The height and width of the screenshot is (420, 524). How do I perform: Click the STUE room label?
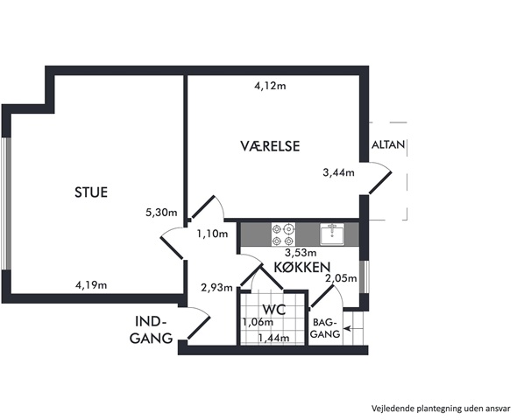point(91,192)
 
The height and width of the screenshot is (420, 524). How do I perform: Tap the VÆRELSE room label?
point(270,146)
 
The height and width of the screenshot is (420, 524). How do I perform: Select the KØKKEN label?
point(302,267)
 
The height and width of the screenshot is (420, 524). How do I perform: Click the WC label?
point(274,310)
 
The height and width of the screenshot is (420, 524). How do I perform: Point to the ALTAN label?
point(388,144)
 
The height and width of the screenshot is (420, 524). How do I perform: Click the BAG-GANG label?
point(323,328)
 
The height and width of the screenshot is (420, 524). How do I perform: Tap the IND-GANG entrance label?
point(151,330)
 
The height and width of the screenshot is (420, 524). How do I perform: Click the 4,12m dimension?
point(270,86)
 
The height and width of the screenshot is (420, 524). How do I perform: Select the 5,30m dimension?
point(161,212)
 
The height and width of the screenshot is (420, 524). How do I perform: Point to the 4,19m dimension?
point(91,285)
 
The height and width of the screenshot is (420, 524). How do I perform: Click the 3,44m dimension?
point(338,172)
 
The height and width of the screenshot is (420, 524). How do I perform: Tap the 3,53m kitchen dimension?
point(301,253)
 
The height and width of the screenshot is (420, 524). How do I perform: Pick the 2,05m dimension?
point(341,277)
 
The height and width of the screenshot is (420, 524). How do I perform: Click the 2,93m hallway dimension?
point(217,287)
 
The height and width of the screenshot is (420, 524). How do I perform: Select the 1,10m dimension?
point(212,234)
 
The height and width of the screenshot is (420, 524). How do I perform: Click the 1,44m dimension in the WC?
point(273,338)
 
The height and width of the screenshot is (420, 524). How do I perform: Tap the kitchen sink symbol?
point(332,234)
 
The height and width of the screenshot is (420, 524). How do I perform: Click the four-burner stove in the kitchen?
point(284,234)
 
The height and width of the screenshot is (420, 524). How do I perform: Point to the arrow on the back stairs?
point(348,329)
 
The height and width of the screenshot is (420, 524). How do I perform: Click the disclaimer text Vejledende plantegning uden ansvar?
point(441,409)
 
